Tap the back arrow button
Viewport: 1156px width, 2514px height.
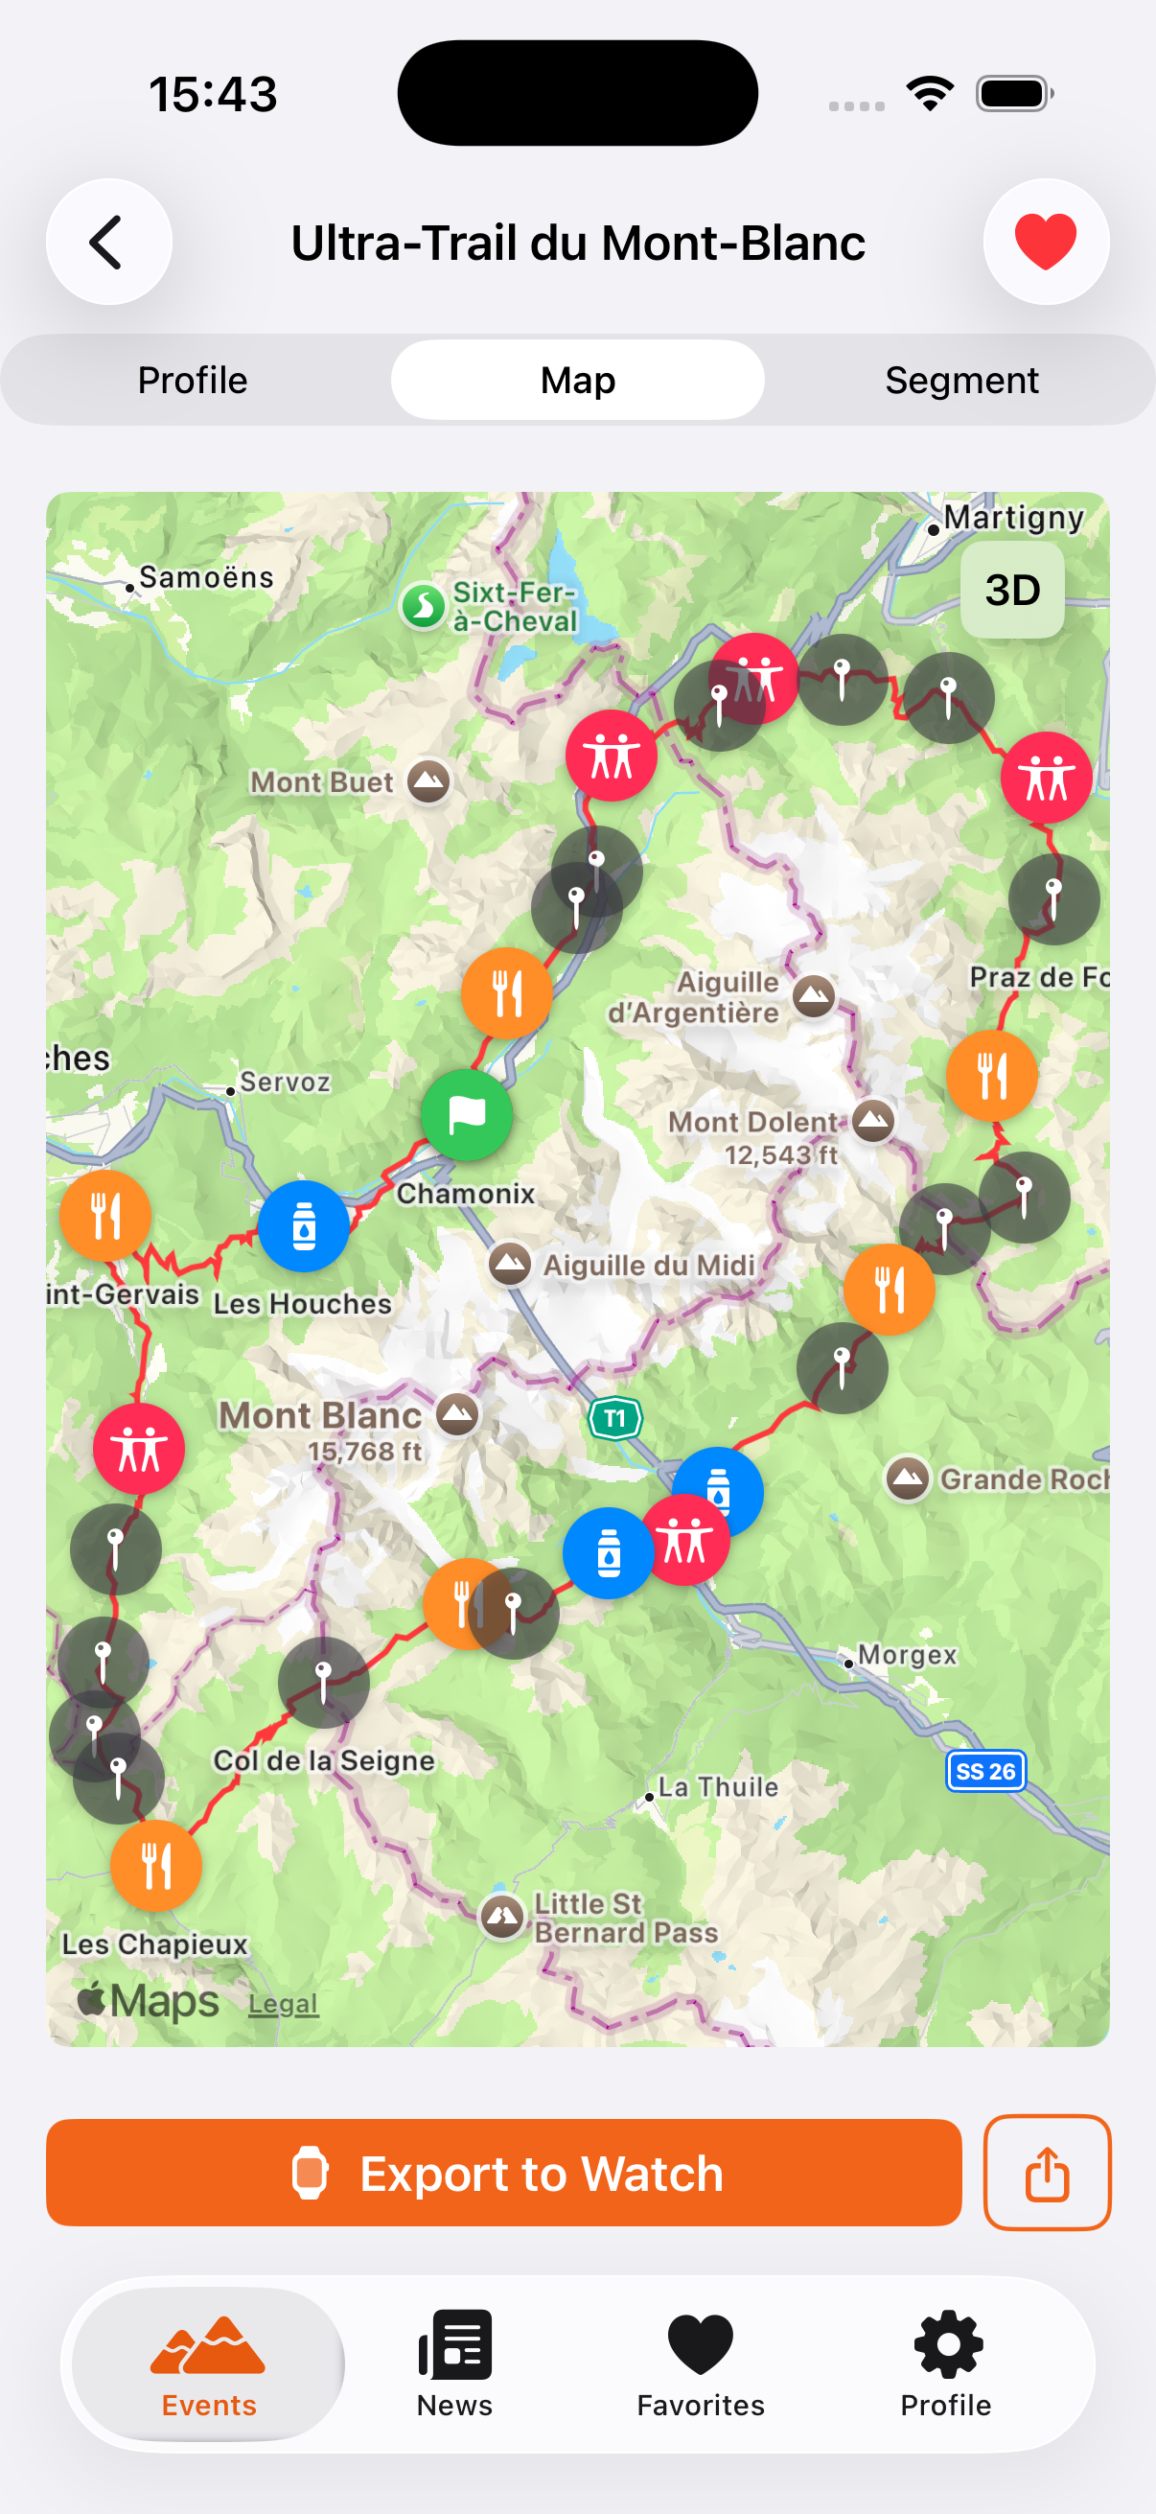[108, 242]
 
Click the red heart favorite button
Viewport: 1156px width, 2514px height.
[1045, 242]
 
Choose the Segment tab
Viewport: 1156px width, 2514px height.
[960, 380]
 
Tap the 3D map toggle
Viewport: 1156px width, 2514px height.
[1011, 591]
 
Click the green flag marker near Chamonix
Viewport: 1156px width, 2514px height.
[466, 1114]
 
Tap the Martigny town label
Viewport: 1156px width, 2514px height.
[1012, 517]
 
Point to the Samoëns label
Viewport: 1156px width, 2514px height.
[206, 578]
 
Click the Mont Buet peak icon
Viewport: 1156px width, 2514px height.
[428, 780]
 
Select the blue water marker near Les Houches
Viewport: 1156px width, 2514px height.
[304, 1225]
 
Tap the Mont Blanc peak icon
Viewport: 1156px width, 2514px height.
[456, 1413]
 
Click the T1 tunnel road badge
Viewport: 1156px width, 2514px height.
[614, 1418]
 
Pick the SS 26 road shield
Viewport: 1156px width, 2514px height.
[985, 1771]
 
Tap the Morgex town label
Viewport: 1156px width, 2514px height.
[906, 1655]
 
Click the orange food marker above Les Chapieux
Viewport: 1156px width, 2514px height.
[156, 1865]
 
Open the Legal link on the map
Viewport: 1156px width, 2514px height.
[283, 2004]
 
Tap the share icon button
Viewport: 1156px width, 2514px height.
[1046, 2173]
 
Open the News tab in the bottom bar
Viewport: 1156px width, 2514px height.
[454, 2362]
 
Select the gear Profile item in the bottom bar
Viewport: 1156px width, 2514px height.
[945, 2362]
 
